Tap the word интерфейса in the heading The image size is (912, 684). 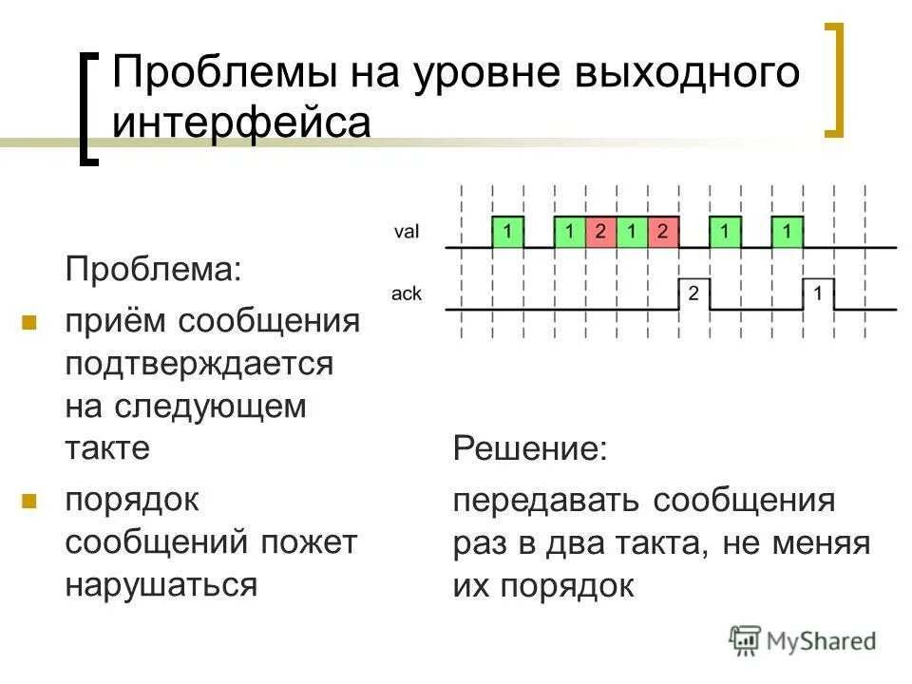[241, 123]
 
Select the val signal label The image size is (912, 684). [408, 231]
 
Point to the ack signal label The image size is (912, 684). [407, 294]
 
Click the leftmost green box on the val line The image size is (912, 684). [508, 231]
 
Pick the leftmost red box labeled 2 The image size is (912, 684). [600, 231]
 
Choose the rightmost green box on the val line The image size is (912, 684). [788, 231]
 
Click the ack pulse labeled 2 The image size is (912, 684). [694, 294]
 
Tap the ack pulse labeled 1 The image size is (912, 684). [818, 294]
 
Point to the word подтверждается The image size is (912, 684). [199, 364]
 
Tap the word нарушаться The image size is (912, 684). [161, 583]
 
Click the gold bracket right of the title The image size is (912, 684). [832, 80]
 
